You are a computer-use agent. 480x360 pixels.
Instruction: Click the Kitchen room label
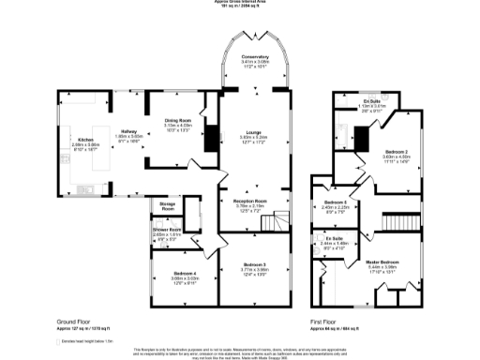pyautogui.click(x=85, y=141)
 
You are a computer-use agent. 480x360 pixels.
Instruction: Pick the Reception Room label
pyautogui.click(x=249, y=200)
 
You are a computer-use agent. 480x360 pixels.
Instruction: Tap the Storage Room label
pyautogui.click(x=168, y=208)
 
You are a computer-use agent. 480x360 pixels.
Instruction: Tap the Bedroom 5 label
pyautogui.click(x=336, y=203)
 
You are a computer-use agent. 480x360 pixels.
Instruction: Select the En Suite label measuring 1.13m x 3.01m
pyautogui.click(x=372, y=100)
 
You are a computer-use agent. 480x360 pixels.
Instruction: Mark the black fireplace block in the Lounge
pyautogui.click(x=211, y=136)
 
